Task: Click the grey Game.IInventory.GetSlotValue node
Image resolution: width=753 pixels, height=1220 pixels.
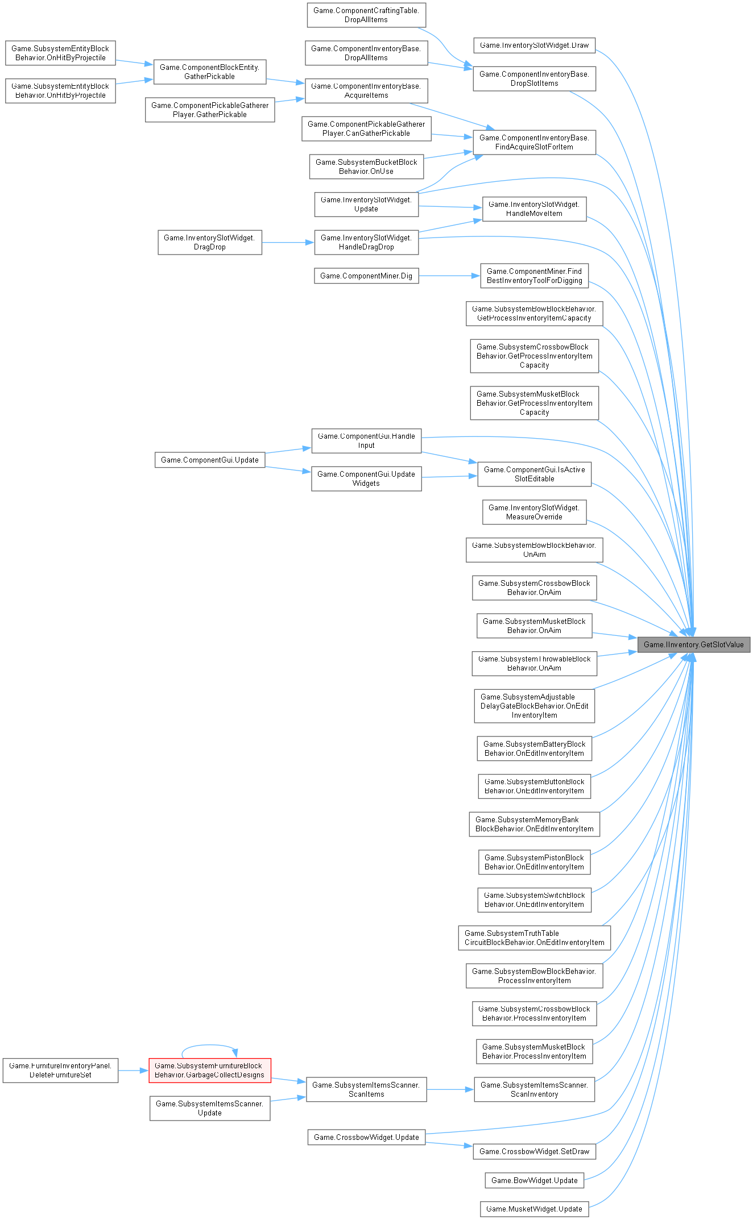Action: [693, 644]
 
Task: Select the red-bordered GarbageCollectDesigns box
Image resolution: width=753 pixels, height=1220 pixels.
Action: [210, 1070]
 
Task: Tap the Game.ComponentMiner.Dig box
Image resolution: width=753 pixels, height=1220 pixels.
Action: [366, 276]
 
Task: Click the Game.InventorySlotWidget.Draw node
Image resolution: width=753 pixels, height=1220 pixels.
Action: [534, 45]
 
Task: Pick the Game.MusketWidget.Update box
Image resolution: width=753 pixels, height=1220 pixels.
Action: [534, 1209]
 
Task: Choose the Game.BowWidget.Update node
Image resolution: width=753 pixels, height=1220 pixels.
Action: [534, 1180]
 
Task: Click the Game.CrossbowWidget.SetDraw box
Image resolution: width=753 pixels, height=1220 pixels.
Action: [534, 1151]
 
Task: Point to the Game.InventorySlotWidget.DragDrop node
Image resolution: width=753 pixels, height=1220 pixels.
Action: [210, 242]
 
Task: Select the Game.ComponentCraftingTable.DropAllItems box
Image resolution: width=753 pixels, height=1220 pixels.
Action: [366, 15]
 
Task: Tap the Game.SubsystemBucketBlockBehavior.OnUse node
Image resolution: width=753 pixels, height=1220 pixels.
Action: [366, 166]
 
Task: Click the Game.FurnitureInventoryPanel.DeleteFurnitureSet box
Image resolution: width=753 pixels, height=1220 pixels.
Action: [60, 1070]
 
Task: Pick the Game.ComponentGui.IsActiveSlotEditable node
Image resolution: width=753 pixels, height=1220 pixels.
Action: [534, 474]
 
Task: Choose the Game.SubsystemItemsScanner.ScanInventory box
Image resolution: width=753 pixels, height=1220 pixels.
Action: [534, 1089]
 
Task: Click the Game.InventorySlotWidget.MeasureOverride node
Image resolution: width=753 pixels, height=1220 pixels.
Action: [534, 512]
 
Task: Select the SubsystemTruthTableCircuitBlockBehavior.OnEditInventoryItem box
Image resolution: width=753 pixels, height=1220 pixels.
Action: [534, 938]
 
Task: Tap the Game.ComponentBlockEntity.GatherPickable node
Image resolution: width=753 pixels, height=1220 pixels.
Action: [210, 72]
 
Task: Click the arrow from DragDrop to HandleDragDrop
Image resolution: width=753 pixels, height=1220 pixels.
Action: [288, 243]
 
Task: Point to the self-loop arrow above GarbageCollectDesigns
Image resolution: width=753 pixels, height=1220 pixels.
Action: [209, 1045]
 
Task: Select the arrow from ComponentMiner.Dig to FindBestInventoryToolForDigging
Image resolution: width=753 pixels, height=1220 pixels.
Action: [449, 276]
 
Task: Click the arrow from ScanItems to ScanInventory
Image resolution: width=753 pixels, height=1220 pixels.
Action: [450, 1089]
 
